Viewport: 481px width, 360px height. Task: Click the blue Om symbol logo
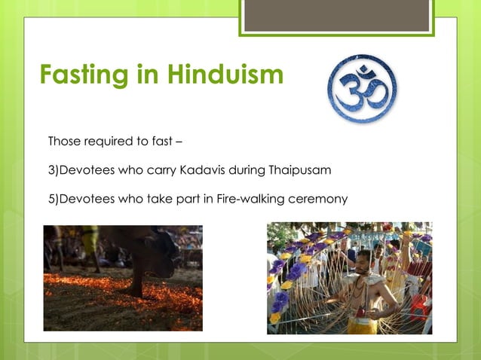point(363,88)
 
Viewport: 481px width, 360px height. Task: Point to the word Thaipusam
point(300,170)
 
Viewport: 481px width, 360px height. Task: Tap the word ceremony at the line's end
point(321,199)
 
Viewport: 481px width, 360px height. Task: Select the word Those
point(63,141)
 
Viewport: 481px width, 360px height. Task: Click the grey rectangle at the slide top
point(337,14)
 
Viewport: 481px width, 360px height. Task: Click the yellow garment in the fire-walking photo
point(90,240)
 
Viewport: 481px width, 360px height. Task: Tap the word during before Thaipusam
point(248,170)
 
